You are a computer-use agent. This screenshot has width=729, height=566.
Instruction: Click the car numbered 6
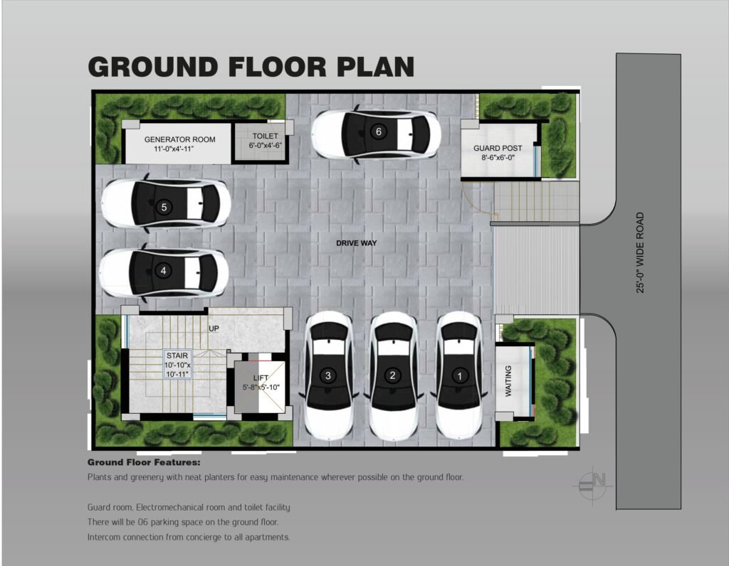(376, 134)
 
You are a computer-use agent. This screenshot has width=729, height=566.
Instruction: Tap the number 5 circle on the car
(164, 207)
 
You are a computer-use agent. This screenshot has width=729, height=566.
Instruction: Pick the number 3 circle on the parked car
(327, 375)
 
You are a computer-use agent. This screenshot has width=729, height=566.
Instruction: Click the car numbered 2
(393, 376)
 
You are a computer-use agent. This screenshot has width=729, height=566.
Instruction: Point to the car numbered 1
(459, 376)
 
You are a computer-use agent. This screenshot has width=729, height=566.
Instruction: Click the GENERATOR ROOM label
(179, 139)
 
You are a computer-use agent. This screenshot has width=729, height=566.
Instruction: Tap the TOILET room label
(265, 136)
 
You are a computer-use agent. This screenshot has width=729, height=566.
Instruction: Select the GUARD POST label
(498, 148)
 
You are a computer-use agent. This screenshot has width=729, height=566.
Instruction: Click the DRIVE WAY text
(357, 243)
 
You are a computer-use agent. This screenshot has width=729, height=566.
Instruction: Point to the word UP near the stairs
(214, 329)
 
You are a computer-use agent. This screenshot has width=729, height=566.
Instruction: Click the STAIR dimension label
(177, 365)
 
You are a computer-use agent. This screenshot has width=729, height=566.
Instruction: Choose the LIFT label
(261, 378)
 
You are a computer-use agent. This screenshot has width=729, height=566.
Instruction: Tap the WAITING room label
(508, 380)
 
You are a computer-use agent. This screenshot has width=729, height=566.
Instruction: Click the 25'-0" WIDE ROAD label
(640, 252)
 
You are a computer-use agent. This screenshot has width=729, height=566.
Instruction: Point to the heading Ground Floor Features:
(144, 462)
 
